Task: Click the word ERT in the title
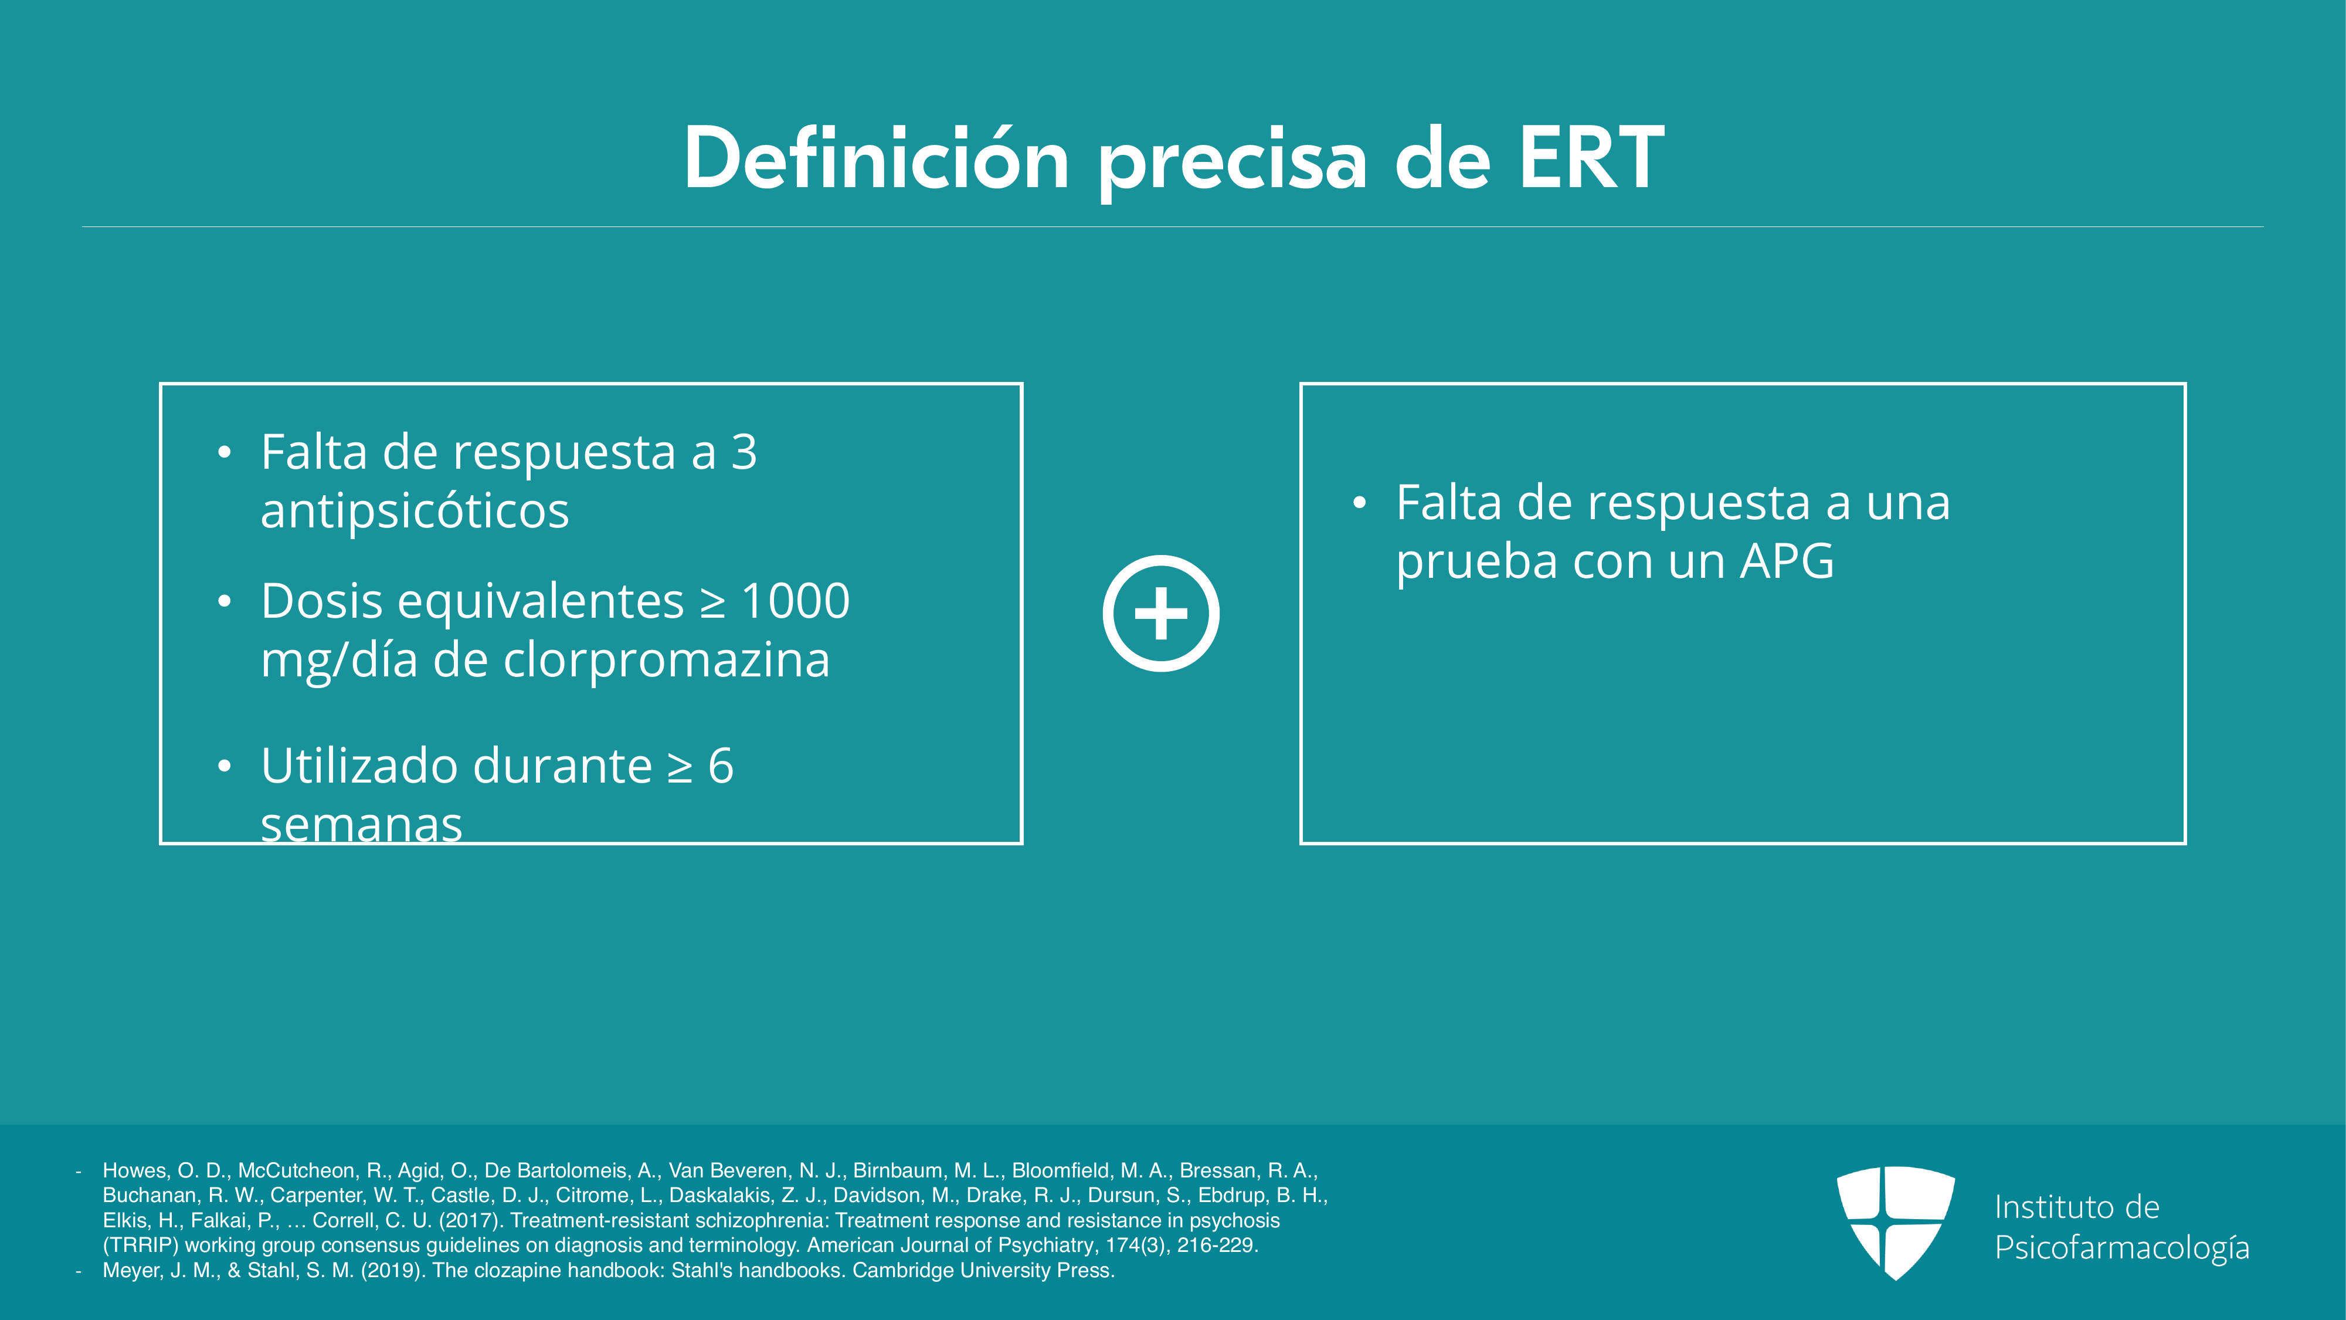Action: [x=1591, y=158]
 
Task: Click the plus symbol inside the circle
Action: [x=1161, y=613]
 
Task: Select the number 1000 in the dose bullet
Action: [x=795, y=601]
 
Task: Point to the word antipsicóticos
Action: [x=415, y=510]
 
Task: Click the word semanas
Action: [x=362, y=824]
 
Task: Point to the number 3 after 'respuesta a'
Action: [x=744, y=452]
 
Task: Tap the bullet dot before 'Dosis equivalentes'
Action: [x=224, y=601]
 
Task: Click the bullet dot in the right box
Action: [x=1360, y=503]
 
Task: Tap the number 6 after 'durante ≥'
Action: [x=721, y=765]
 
